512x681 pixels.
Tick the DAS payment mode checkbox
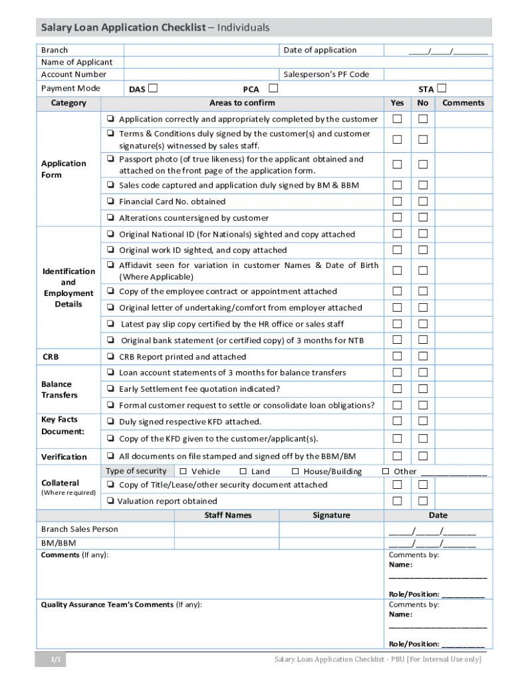coord(153,88)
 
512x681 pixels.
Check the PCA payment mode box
coord(273,88)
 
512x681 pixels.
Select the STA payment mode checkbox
coord(442,88)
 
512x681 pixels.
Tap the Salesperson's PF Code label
coord(326,74)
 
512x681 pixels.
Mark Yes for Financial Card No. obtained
coord(397,202)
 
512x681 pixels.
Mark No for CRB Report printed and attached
coord(422,356)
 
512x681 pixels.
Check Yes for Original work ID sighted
coord(397,250)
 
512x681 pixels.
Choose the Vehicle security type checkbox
coord(184,472)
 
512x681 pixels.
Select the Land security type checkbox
coord(243,472)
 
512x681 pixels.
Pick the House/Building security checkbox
coord(295,472)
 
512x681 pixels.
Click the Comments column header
coord(463,103)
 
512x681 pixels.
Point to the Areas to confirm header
coord(242,103)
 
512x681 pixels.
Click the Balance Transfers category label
coord(59,390)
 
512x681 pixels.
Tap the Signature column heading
coord(331,515)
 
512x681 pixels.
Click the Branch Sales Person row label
coord(80,529)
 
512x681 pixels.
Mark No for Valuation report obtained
coord(422,501)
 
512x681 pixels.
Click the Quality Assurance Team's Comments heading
coord(122,605)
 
